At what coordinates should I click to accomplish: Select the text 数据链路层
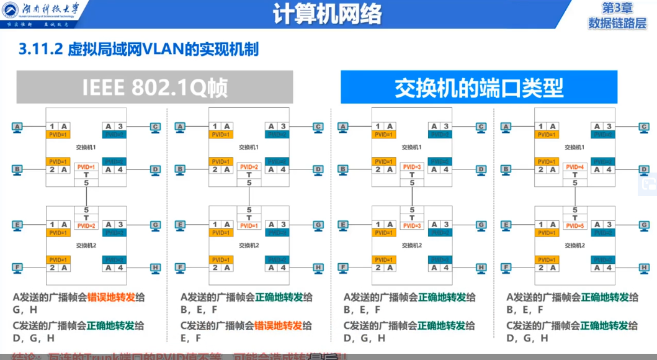(617, 23)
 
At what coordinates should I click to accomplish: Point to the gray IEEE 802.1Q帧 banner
(154, 87)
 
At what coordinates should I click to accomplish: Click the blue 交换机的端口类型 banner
(478, 88)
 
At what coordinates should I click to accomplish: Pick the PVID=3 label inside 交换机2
(412, 225)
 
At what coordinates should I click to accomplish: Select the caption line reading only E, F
(190, 338)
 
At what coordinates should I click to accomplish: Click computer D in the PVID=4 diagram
(643, 169)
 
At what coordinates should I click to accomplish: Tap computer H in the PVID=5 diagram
(643, 268)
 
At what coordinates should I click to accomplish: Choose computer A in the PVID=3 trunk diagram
(343, 127)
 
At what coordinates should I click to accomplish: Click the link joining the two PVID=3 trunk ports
(412, 196)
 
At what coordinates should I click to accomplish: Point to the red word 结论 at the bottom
(24, 356)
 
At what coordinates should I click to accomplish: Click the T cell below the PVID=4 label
(575, 175)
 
